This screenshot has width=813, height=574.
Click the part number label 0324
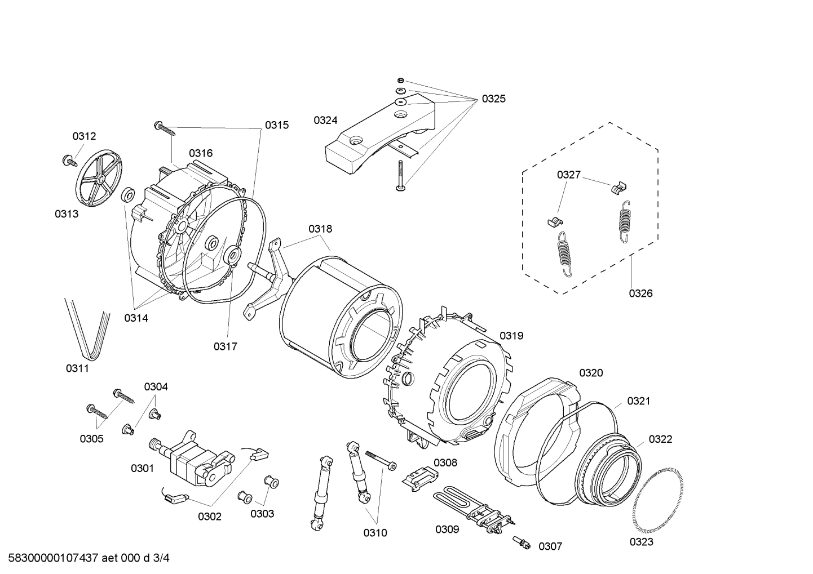tap(325, 120)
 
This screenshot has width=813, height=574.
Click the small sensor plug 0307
tap(522, 542)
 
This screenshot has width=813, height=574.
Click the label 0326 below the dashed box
tap(640, 293)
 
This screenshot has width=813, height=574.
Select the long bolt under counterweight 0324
tap(400, 176)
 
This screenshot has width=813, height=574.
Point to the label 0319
tap(511, 336)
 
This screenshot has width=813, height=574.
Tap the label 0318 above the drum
tap(320, 229)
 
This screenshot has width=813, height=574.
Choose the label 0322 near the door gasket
tap(660, 439)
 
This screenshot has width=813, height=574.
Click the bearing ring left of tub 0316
tap(127, 195)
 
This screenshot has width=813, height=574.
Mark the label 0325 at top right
tap(493, 99)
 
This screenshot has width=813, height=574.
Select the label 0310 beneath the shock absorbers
tap(375, 532)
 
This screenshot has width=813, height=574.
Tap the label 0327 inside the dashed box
tap(568, 175)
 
